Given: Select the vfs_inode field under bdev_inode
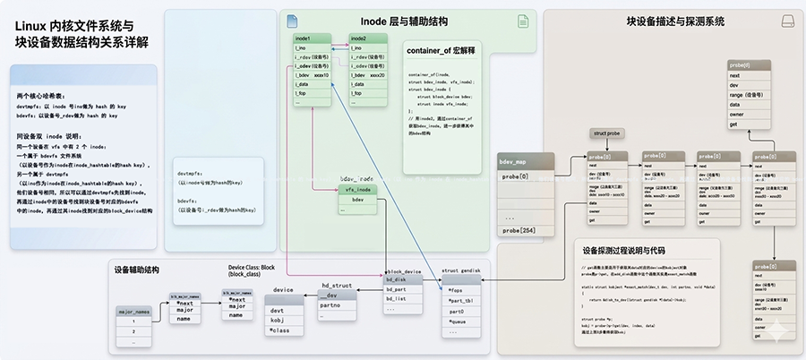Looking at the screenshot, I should click(358, 190).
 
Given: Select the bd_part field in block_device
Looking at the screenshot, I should click(399, 290).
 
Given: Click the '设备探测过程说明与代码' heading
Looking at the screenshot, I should click(636, 250).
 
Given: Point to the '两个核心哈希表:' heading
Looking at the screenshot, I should click(39, 95).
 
